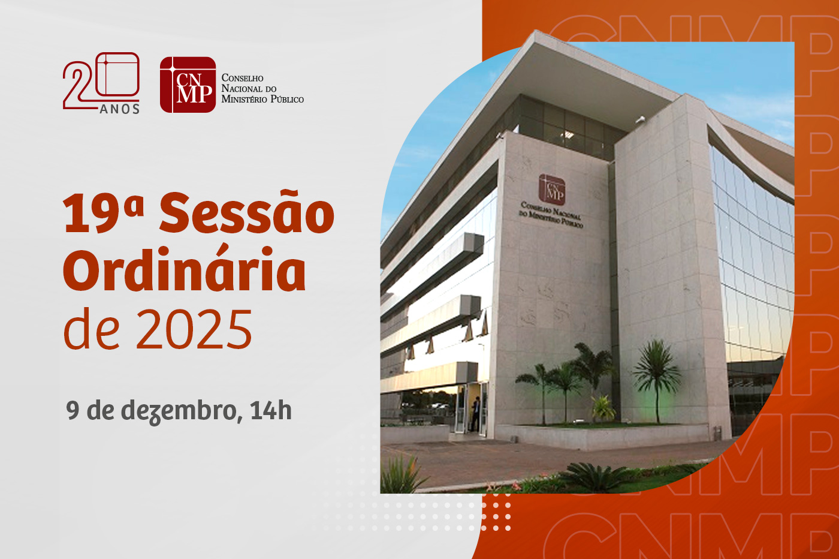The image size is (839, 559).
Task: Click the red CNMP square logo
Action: pos(188,85)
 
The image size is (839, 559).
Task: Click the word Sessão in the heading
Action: pos(246,214)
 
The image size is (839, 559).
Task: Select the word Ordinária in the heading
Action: pos(185,272)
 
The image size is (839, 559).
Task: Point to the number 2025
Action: pos(194,329)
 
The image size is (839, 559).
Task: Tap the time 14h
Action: pos(271,411)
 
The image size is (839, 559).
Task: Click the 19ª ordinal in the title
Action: pos(103,214)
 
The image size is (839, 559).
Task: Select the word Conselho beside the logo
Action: pos(243,78)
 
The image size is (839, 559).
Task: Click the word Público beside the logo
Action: pos(288,100)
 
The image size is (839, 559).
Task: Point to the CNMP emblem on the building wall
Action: pos(551,190)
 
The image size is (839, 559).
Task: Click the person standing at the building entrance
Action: pos(475,414)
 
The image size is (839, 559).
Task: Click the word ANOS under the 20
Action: pos(120,109)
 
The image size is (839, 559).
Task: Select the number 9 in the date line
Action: pos(73,411)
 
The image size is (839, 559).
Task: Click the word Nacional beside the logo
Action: pos(242,89)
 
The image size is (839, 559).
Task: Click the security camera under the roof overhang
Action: pos(640,119)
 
